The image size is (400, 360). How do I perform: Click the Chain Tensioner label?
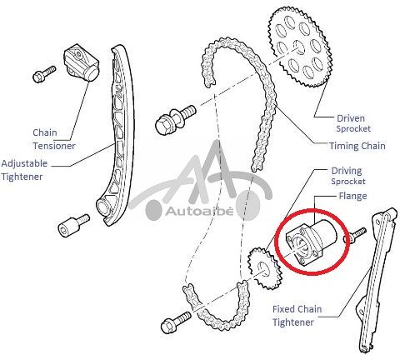point(54,139)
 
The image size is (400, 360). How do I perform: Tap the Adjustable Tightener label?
point(24,170)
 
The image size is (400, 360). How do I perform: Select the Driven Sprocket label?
point(352,123)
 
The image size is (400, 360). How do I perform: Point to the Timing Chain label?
point(357,146)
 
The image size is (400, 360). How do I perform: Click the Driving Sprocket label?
point(347,176)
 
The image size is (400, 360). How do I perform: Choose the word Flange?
point(352,196)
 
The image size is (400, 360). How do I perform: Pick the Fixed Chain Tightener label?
point(297,316)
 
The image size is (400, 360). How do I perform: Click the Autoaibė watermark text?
point(199,212)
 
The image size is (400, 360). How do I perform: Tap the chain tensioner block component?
point(82,62)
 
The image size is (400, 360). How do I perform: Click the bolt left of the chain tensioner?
point(44,74)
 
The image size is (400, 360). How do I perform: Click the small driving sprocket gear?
point(264,269)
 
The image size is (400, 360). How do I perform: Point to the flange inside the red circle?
point(311,242)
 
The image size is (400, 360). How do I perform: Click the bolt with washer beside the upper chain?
point(175,118)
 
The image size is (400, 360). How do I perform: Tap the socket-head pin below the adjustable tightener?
point(73,225)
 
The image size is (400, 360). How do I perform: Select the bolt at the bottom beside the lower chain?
point(176,322)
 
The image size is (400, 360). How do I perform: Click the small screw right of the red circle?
point(355,235)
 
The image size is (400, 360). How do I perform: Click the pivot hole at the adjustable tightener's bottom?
point(102,207)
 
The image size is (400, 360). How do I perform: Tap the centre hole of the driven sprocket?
point(298,47)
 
